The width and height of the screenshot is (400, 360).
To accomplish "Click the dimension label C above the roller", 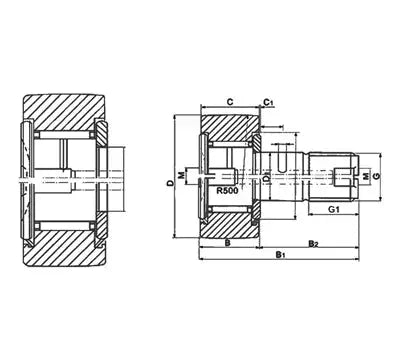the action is (230, 102).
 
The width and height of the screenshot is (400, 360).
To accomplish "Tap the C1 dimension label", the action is (269, 102).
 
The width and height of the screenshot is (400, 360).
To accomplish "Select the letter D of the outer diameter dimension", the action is (170, 183).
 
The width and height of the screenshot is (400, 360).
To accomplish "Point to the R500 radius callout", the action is (227, 191).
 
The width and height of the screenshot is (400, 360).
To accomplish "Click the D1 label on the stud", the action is (266, 178).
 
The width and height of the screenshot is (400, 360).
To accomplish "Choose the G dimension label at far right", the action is (376, 176).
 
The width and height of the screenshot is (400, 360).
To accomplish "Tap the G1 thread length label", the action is (334, 209).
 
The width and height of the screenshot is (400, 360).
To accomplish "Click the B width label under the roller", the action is (228, 243).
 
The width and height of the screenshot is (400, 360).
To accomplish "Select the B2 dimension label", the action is (313, 244).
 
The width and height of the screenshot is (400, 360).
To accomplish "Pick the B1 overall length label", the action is (279, 255).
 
